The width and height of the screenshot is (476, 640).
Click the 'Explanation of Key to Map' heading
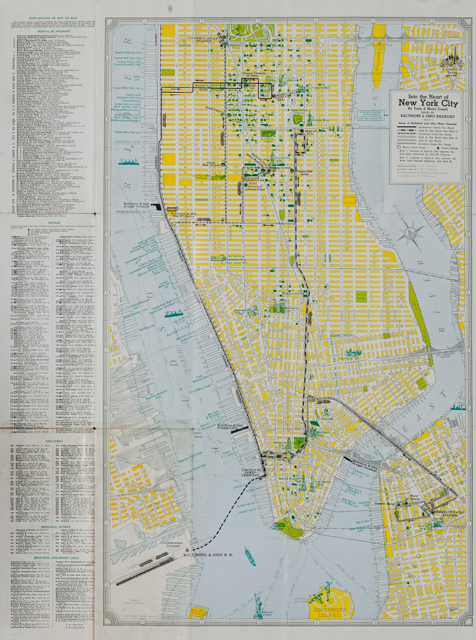click(x=51, y=18)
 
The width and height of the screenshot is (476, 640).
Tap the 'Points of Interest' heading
click(x=51, y=31)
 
